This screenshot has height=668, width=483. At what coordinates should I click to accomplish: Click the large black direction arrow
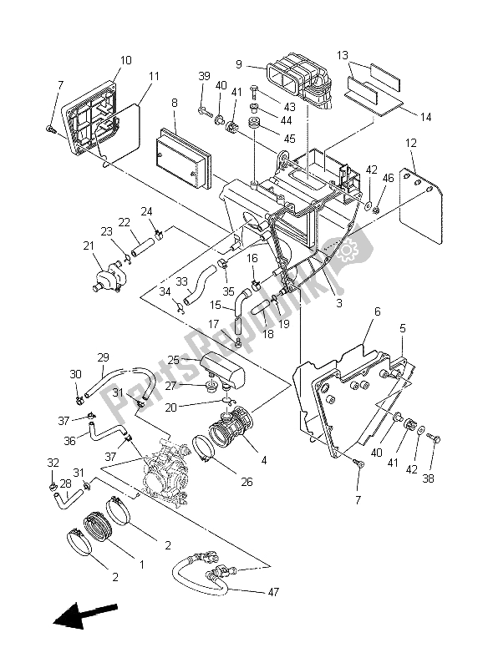pyautogui.click(x=84, y=614)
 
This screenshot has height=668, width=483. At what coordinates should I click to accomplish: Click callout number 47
pyautogui.click(x=273, y=592)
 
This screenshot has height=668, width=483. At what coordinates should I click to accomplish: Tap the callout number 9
pyautogui.click(x=239, y=64)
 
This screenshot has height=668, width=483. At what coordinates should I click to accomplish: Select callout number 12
pyautogui.click(x=410, y=143)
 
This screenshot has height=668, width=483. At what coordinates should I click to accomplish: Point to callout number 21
pyautogui.click(x=89, y=245)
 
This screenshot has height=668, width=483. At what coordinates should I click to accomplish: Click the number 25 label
pyautogui.click(x=174, y=360)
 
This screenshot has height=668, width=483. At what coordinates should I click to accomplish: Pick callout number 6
pyautogui.click(x=377, y=311)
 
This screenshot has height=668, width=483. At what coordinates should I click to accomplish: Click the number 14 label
pyautogui.click(x=425, y=117)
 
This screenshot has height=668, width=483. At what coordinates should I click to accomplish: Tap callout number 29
pyautogui.click(x=103, y=357)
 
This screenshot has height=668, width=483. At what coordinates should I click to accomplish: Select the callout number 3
pyautogui.click(x=339, y=303)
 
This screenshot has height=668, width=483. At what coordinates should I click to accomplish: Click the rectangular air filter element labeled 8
pyautogui.click(x=183, y=158)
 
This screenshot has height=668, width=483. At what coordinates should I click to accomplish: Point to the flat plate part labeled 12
pyautogui.click(x=421, y=205)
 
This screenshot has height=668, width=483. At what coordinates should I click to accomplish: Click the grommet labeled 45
pyautogui.click(x=255, y=124)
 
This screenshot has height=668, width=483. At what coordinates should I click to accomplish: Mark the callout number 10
pyautogui.click(x=125, y=60)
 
